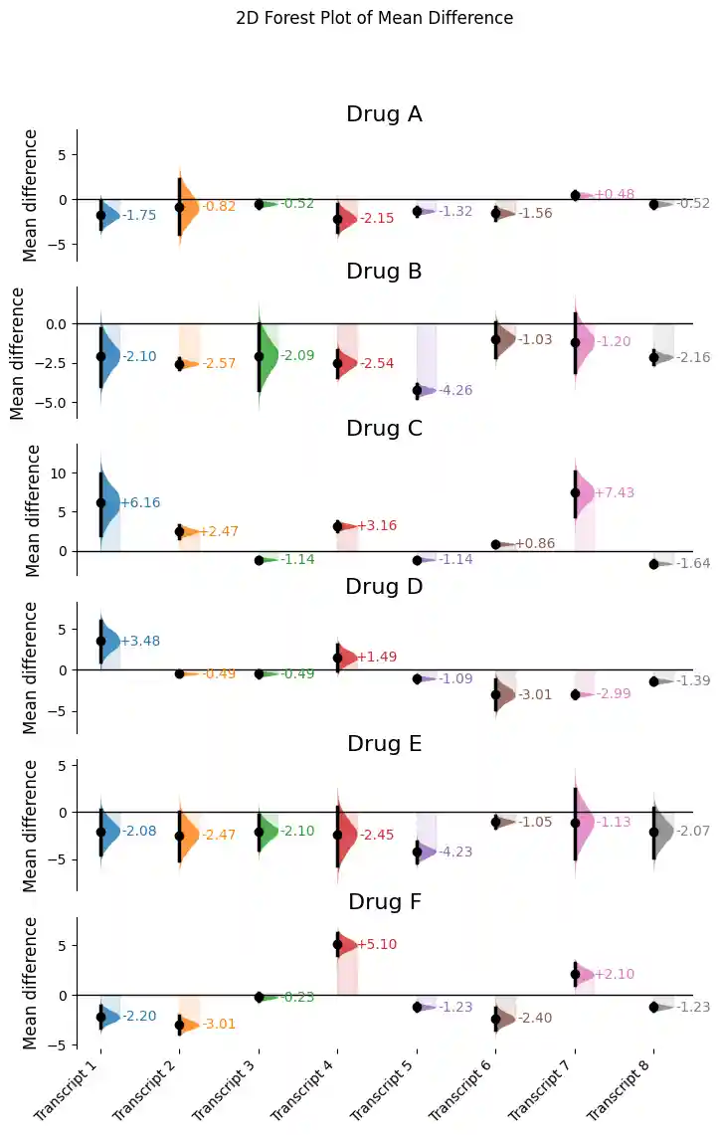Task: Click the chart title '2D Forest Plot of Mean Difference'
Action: [x=375, y=18]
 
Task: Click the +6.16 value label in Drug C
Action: [x=140, y=503]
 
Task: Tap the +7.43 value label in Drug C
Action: [x=614, y=492]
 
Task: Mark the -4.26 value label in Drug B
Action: [x=455, y=390]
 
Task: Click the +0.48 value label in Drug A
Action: [x=614, y=195]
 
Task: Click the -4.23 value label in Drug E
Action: [x=455, y=851]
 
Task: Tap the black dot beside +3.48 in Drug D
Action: [x=100, y=641]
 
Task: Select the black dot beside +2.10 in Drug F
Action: [x=575, y=974]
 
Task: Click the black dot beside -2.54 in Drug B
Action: [x=337, y=363]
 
